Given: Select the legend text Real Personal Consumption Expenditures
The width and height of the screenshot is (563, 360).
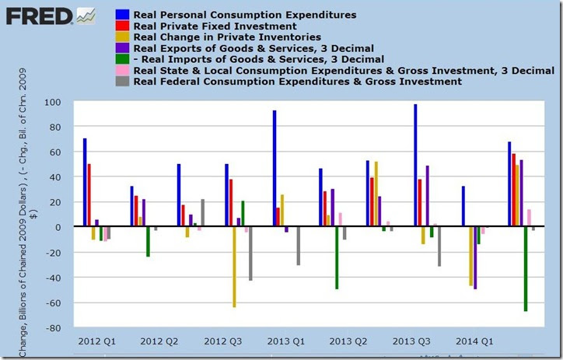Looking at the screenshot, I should click(x=233, y=14).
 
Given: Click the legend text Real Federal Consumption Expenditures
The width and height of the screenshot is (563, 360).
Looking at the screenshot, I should click(x=298, y=81).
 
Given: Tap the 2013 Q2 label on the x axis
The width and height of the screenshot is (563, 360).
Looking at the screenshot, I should click(x=348, y=341).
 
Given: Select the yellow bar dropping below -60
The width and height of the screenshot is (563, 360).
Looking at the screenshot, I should click(x=234, y=267).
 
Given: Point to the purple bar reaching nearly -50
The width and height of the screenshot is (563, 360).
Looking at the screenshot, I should click(x=475, y=257).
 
